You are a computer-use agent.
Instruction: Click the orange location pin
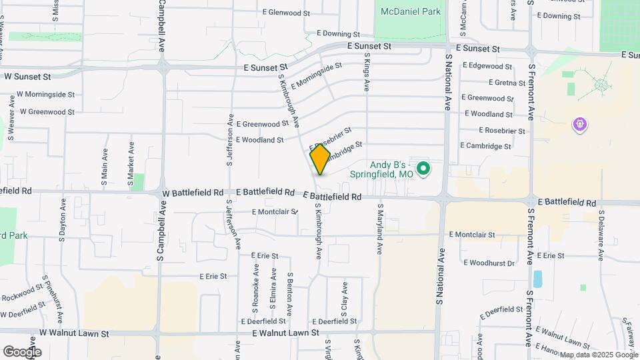coord(320,159)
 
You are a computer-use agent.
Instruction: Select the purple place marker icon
coord(580,124)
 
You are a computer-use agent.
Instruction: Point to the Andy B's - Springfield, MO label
coord(391,169)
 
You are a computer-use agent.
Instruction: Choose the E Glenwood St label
coord(286,13)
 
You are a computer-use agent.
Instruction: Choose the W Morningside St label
coord(45,95)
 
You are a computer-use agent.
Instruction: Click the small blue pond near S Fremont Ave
coord(537,279)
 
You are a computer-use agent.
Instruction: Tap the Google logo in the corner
coord(22,351)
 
